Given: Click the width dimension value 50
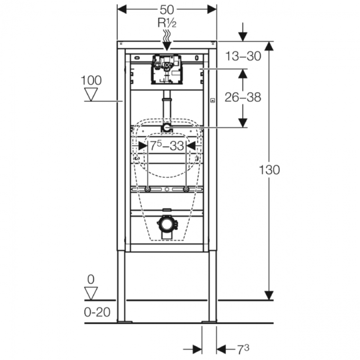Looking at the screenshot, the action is (x=166, y=9).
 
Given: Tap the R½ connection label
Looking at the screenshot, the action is (x=167, y=23).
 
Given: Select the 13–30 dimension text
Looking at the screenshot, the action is (x=243, y=56).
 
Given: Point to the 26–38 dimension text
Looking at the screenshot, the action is (x=243, y=97).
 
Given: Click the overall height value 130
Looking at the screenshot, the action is (x=269, y=170).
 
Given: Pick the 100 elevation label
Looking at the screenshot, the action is (x=91, y=81).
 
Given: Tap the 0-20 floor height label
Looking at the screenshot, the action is (x=97, y=312).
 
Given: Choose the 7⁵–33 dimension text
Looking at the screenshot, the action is (x=167, y=145).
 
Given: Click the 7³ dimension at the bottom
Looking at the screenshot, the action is (x=243, y=349).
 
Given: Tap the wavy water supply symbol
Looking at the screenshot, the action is (x=167, y=35).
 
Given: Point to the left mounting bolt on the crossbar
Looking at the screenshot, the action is (x=148, y=190).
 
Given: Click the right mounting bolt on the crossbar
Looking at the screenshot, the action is (x=186, y=190).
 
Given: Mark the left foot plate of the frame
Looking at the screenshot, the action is (x=124, y=322).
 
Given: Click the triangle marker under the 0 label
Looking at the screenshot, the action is (x=91, y=293).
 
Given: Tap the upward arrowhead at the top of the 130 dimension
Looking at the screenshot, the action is (x=269, y=46).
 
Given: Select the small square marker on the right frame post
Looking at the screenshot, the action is (x=212, y=100).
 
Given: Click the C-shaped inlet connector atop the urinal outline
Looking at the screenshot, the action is (x=167, y=128).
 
